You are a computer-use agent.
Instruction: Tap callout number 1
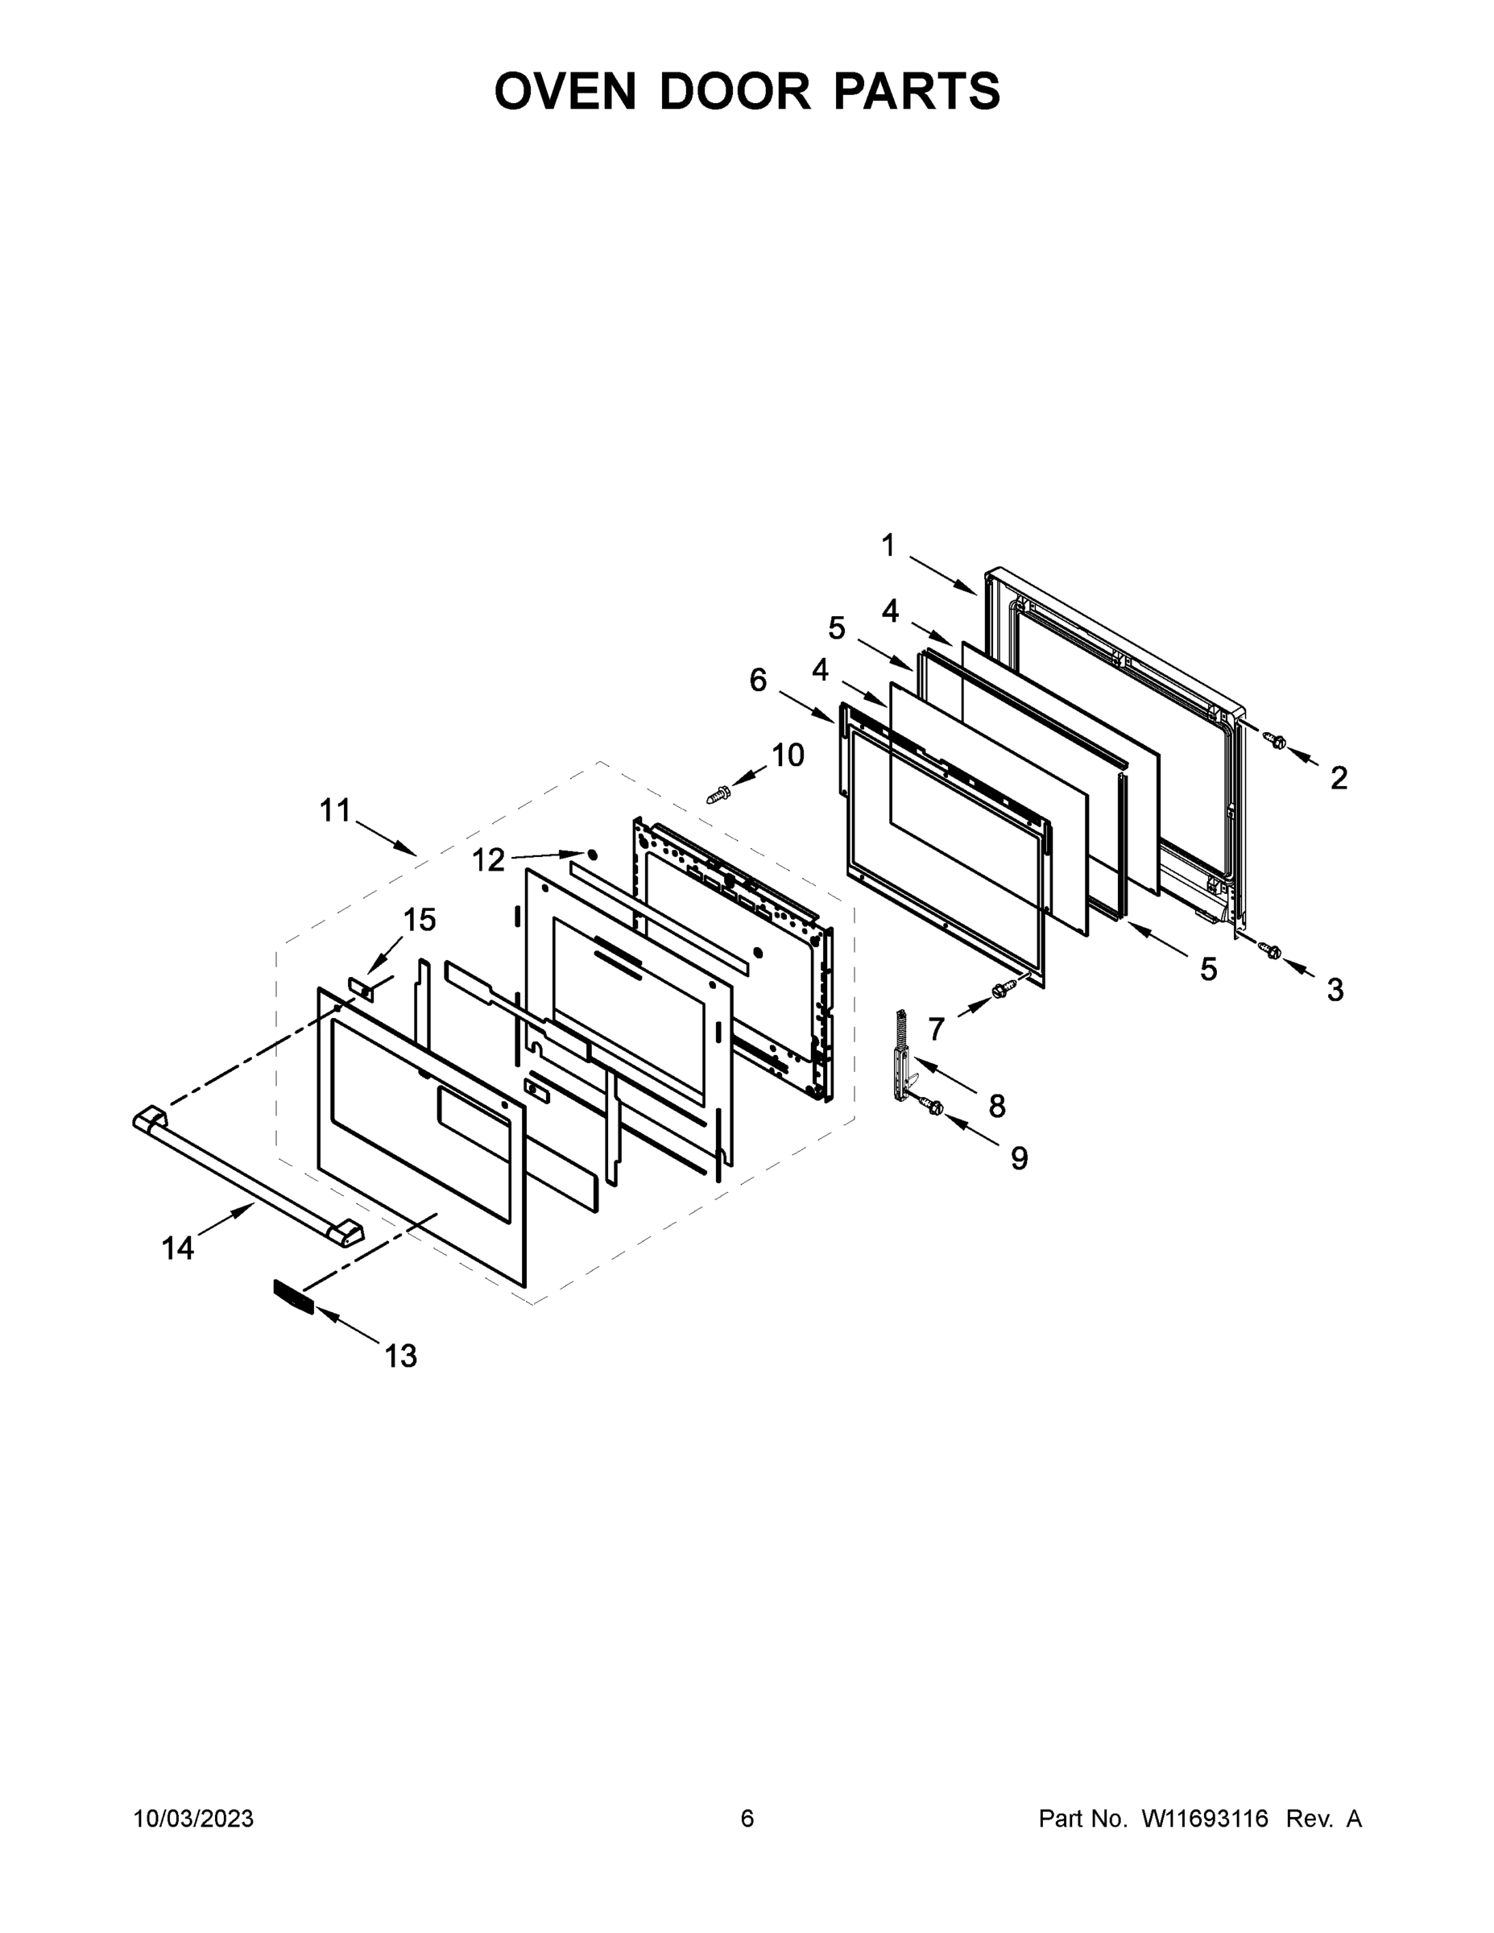(888, 546)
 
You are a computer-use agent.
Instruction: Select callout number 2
(1339, 778)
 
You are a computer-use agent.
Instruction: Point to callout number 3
(1335, 990)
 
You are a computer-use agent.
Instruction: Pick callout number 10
(788, 755)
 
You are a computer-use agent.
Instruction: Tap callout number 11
(335, 809)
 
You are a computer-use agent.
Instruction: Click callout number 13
(400, 1355)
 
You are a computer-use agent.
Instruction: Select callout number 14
(177, 1248)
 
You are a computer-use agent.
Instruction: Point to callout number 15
(420, 921)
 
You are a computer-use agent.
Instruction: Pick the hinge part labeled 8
(903, 1056)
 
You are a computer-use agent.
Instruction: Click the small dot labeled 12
(592, 855)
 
